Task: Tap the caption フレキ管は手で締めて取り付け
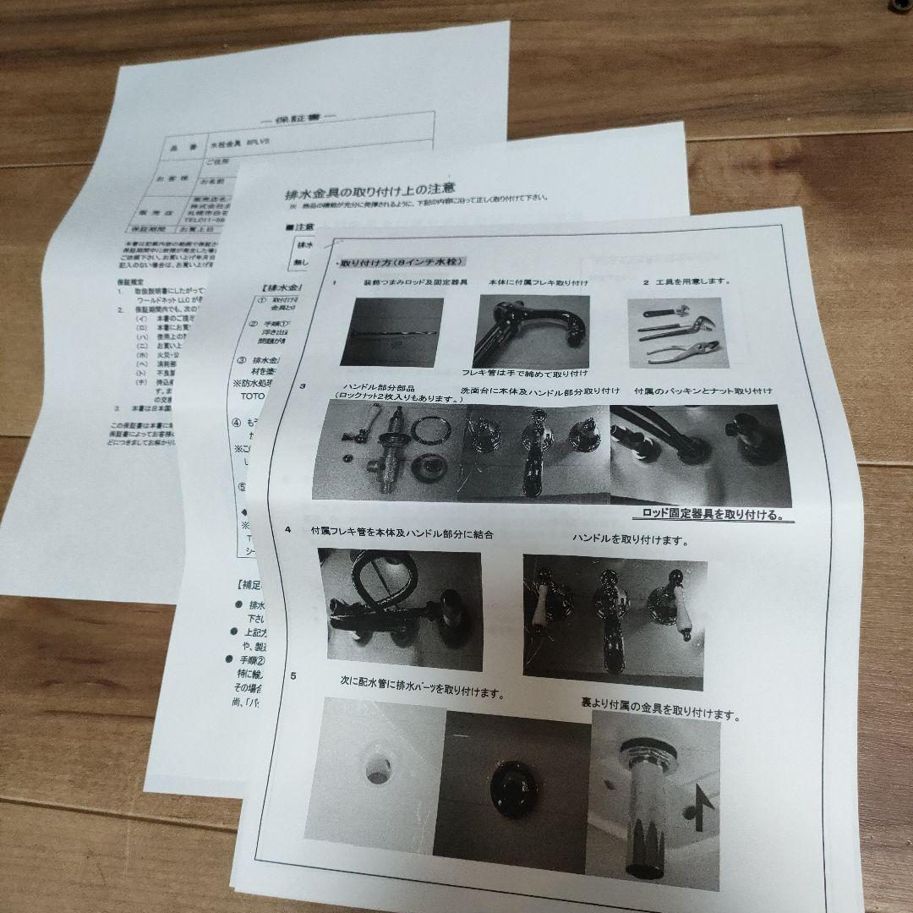(525, 373)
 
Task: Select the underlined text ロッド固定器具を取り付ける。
(707, 513)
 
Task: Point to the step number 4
(288, 530)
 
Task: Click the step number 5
(292, 675)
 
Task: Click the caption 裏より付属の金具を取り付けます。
(659, 708)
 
